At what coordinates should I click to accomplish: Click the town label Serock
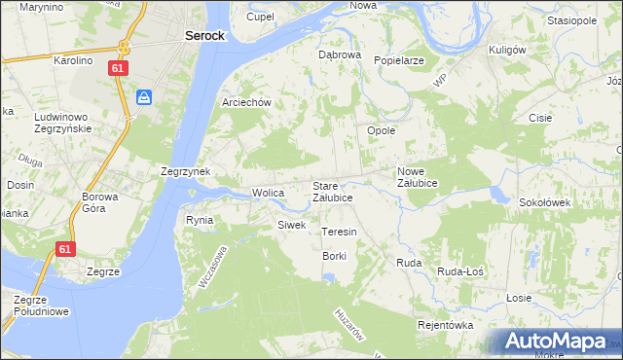[x=204, y=35]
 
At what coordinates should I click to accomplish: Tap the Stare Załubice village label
[x=332, y=191]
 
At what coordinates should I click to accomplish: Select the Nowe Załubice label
[x=417, y=177]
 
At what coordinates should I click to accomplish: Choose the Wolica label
[x=268, y=193]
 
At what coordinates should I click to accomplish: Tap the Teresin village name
[x=339, y=233]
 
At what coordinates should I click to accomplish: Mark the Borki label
[x=335, y=255]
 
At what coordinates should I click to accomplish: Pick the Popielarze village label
[x=398, y=59]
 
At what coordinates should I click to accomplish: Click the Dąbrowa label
[x=340, y=55]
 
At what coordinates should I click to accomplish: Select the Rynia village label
[x=200, y=220]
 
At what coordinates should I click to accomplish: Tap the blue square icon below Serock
[x=143, y=96]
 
